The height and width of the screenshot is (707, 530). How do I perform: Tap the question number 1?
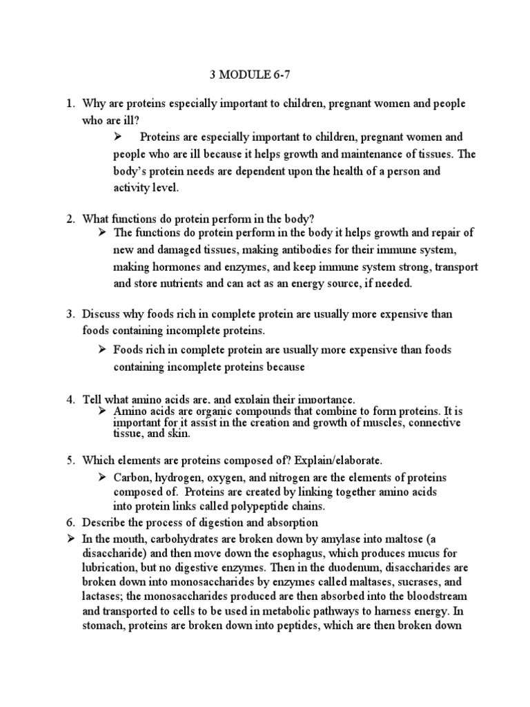click(70, 104)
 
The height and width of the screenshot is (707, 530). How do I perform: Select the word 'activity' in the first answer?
click(131, 187)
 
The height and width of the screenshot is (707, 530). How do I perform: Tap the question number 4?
click(70, 400)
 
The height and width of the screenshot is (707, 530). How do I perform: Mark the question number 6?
click(70, 521)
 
